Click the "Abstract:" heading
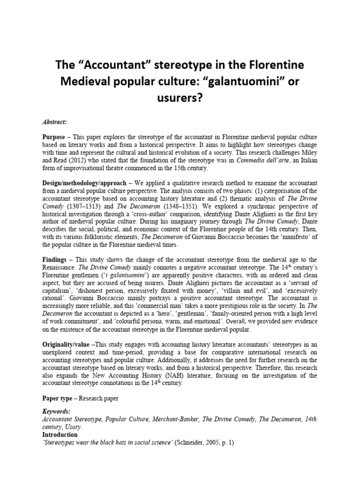click(x=54, y=122)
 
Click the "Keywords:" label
click(x=56, y=411)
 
